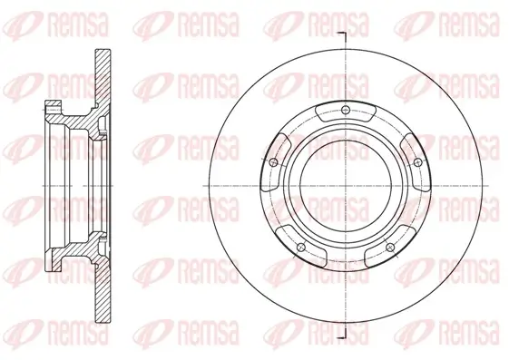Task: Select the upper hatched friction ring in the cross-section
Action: point(102,76)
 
